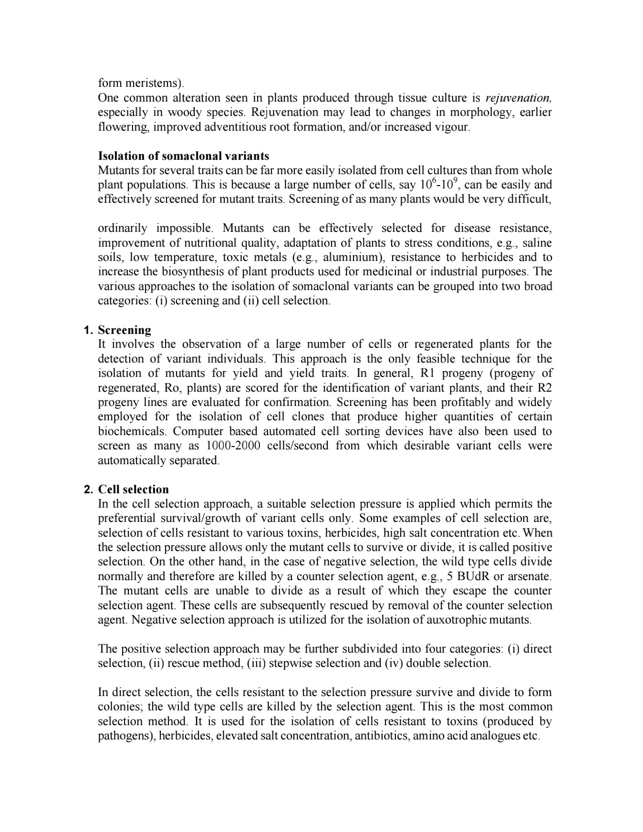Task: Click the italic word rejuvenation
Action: pyautogui.click(x=518, y=98)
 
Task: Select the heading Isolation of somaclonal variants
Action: pyautogui.click(x=183, y=156)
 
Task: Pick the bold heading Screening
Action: pyautogui.click(x=124, y=330)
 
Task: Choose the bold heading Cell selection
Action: pyautogui.click(x=134, y=489)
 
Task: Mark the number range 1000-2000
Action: pyautogui.click(x=233, y=446)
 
